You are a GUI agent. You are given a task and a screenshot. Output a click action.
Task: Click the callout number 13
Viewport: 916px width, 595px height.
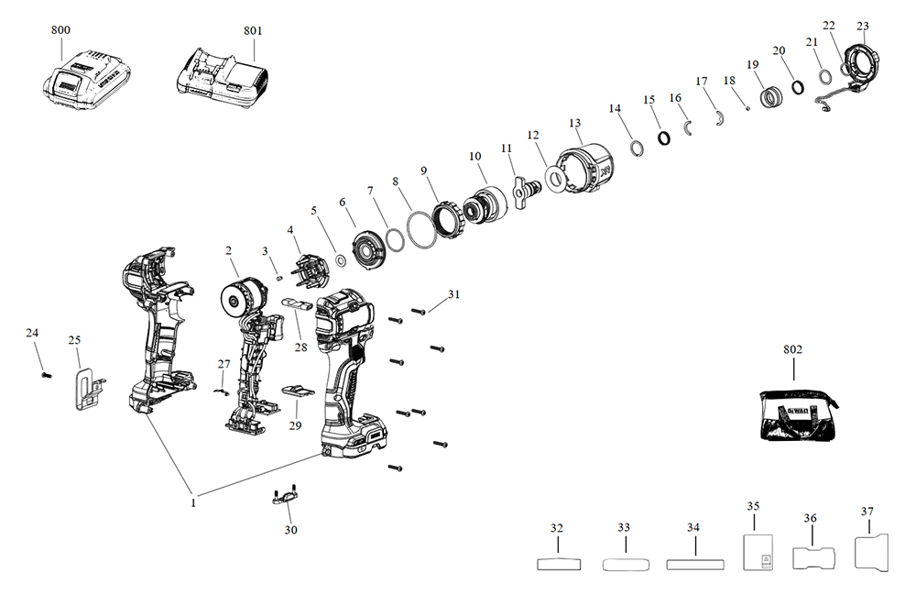point(575,123)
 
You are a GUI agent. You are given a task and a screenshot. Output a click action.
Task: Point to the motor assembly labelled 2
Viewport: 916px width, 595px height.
point(242,298)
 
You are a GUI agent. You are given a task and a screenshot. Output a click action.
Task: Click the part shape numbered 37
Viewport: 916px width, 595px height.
point(872,554)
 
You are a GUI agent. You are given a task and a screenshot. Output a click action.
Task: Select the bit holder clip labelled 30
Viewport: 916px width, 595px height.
point(283,498)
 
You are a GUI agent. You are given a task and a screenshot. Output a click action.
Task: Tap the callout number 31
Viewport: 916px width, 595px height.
point(453,294)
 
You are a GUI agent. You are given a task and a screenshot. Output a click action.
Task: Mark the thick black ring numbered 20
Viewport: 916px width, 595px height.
point(797,86)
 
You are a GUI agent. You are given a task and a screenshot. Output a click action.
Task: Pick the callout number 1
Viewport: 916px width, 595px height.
point(193,502)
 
